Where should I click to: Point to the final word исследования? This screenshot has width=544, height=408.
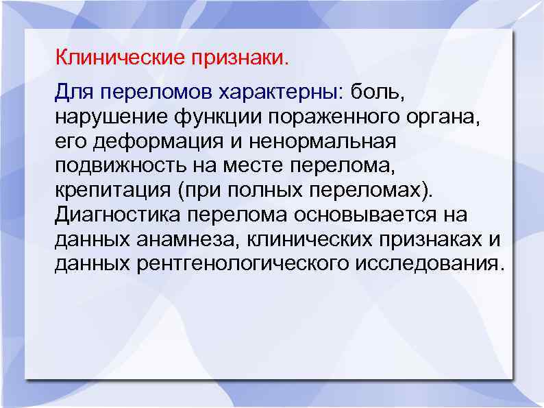click(430, 263)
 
